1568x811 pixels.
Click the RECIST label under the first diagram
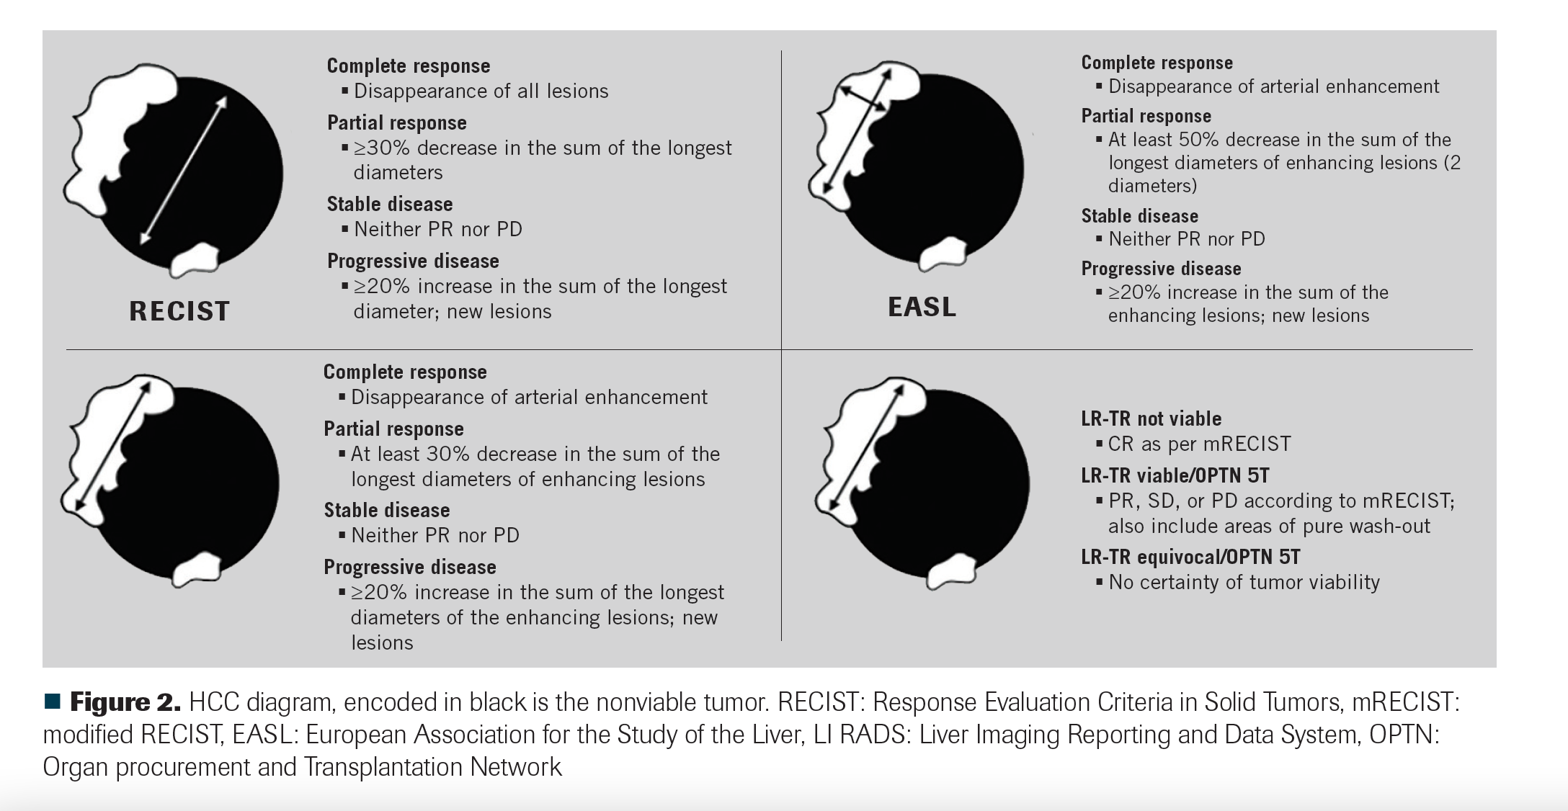tap(179, 311)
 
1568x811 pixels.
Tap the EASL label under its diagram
tap(922, 307)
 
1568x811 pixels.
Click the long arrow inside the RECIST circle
tap(183, 170)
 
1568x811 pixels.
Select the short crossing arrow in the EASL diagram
tap(864, 99)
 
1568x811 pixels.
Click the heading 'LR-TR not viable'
tap(1151, 418)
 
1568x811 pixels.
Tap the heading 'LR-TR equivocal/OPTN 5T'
tap(1190, 557)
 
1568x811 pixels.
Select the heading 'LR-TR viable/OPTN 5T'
tap(1175, 475)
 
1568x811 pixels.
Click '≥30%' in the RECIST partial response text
tap(381, 148)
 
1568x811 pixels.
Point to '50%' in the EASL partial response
tap(1198, 140)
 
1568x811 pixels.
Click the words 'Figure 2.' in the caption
tap(125, 702)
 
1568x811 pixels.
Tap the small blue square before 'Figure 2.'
tap(52, 701)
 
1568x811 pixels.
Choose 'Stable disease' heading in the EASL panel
tap(1139, 216)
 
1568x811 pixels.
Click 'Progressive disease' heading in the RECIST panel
tap(413, 261)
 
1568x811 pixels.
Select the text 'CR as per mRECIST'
tap(1199, 444)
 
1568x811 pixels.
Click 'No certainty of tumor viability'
tap(1244, 582)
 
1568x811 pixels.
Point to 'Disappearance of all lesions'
tap(481, 91)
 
